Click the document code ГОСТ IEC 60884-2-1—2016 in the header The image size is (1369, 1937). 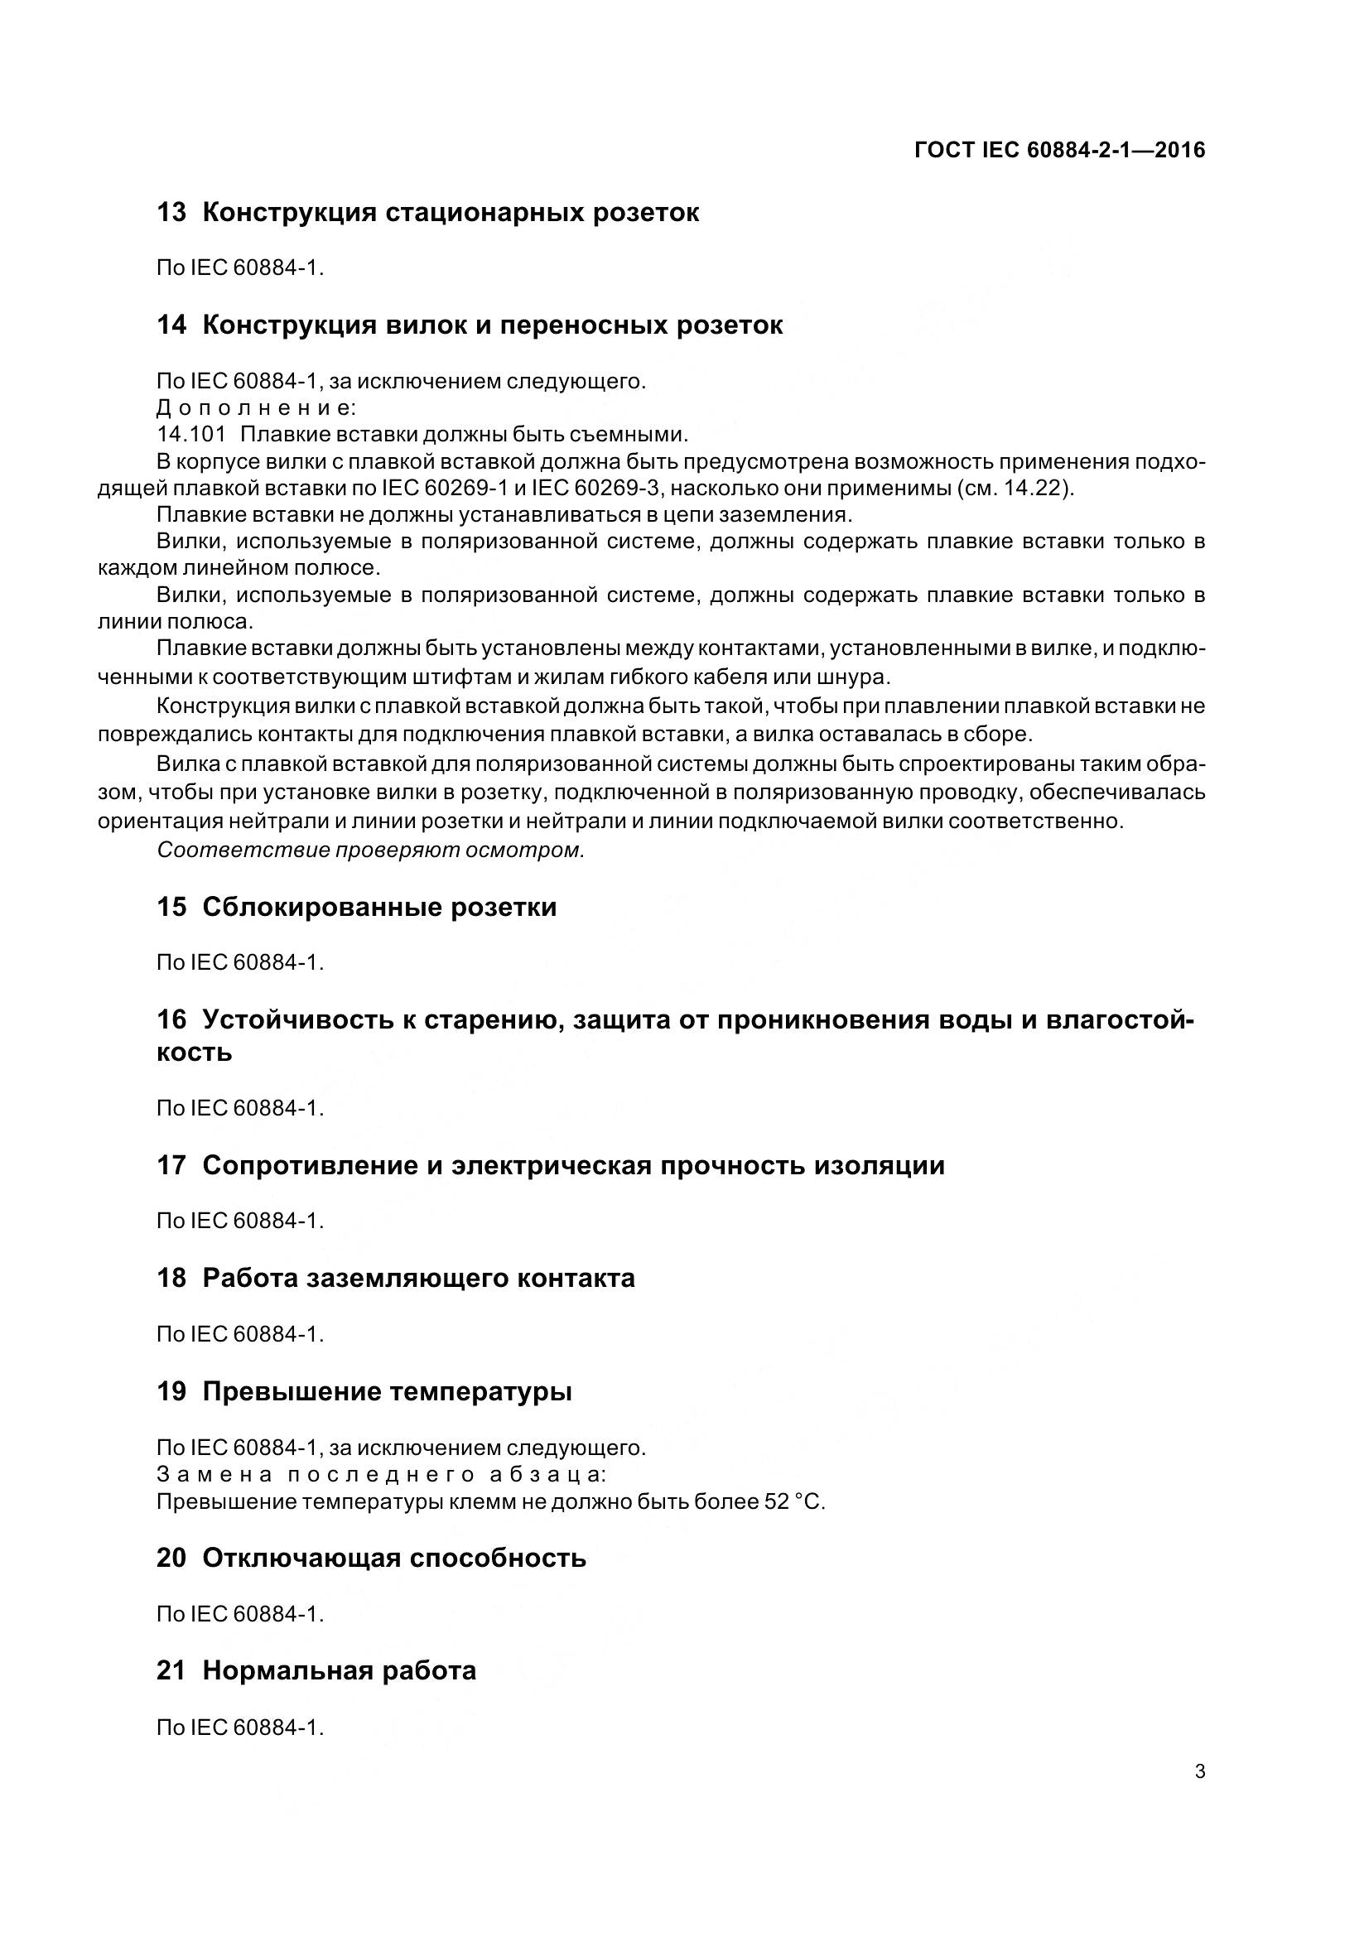(1059, 150)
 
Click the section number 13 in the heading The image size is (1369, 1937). (171, 213)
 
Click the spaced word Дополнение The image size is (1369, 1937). (257, 408)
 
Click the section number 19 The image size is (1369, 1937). (171, 1391)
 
